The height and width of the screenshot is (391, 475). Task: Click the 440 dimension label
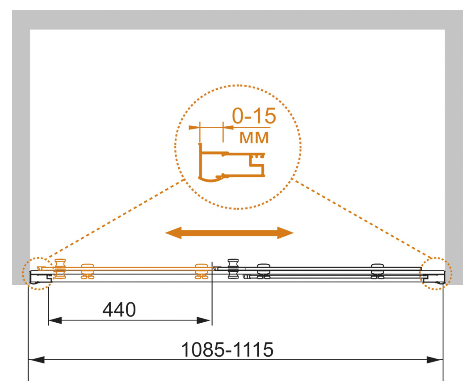pos(119,310)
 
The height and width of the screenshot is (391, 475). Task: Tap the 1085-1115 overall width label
pos(227,350)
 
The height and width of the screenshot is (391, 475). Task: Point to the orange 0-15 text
pos(254,116)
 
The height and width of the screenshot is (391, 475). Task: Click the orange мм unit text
pos(254,138)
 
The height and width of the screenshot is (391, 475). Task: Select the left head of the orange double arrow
pos(173,233)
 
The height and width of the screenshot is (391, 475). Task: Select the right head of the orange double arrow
pos(286,233)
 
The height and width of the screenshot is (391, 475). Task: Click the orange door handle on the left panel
pos(60,269)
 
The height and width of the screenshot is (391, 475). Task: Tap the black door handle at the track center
pos(233,269)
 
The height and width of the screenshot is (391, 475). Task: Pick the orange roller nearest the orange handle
pos(88,271)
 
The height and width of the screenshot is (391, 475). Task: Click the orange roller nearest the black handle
pos(202,271)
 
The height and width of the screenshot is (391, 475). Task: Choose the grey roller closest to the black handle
pos(264,271)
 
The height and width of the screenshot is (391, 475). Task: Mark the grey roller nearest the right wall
pos(378,271)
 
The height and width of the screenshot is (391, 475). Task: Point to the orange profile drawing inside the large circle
pos(231,163)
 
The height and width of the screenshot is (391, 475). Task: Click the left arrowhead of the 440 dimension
pos(55,320)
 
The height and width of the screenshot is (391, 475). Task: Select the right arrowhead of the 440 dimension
pos(204,320)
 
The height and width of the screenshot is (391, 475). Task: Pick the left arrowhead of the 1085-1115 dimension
pos(36,360)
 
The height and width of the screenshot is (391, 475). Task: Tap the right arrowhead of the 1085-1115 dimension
pos(435,360)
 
